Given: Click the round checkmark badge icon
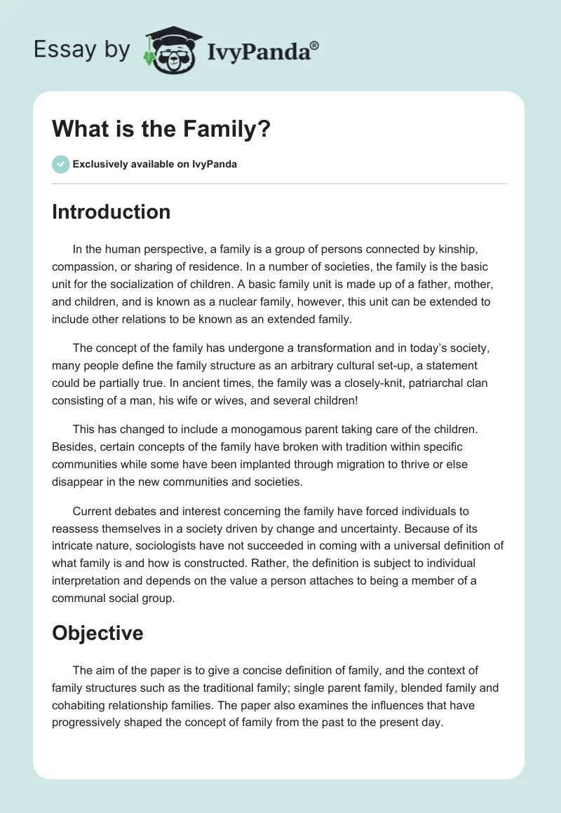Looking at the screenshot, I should tap(60, 164).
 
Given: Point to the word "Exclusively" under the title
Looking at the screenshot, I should tap(100, 165).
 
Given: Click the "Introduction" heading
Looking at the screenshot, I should tap(111, 212).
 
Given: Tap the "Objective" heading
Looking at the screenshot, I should tap(97, 633).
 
